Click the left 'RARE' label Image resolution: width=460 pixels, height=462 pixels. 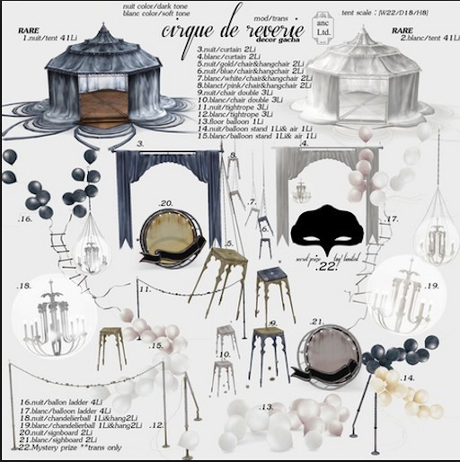[x=28, y=30]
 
